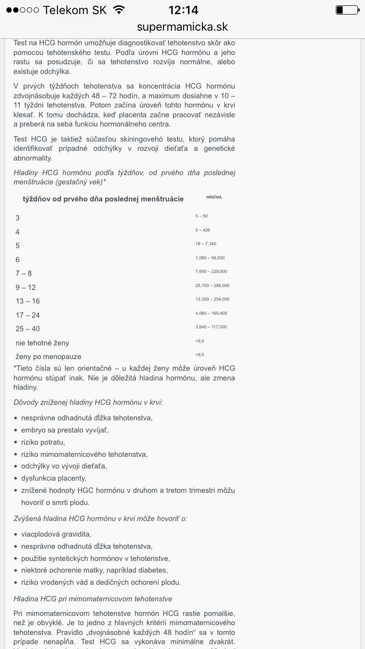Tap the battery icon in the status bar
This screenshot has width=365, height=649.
(x=347, y=10)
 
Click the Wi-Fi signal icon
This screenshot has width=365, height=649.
(x=118, y=10)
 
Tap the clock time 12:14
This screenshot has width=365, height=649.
(x=183, y=10)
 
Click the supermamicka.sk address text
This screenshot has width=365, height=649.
(x=182, y=27)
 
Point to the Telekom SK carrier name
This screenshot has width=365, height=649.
(x=74, y=10)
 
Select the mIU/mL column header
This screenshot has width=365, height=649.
(x=214, y=197)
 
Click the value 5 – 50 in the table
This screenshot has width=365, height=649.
(x=201, y=216)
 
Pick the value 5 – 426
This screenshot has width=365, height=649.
(x=202, y=230)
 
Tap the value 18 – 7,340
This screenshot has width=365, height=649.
(x=206, y=244)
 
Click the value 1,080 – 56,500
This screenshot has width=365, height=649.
(x=210, y=258)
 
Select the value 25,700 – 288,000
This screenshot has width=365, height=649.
(x=212, y=286)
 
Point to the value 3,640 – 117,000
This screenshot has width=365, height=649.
(x=211, y=327)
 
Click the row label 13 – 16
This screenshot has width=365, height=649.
(x=28, y=301)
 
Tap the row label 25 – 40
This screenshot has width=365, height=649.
(x=28, y=329)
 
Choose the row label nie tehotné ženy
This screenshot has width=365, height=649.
(x=42, y=343)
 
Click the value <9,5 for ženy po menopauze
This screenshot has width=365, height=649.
(x=200, y=355)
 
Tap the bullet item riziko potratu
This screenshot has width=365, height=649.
(x=43, y=442)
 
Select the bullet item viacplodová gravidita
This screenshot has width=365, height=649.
(x=56, y=534)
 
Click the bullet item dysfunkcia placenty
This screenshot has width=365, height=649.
(x=54, y=478)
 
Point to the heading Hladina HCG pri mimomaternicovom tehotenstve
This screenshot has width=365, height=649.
(x=93, y=599)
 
